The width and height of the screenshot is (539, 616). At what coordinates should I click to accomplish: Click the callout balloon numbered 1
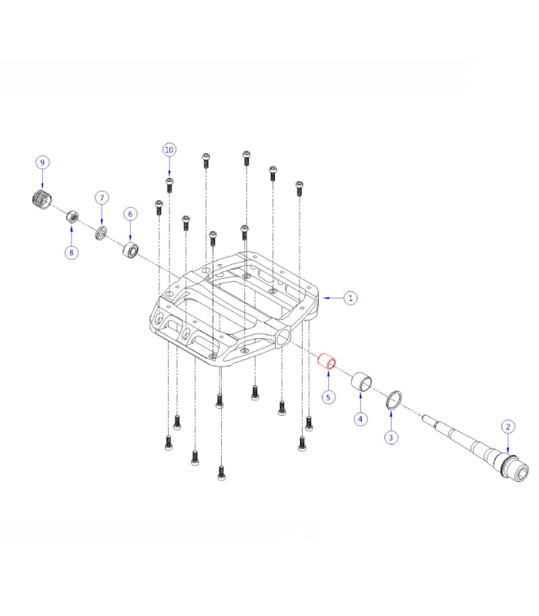(x=350, y=297)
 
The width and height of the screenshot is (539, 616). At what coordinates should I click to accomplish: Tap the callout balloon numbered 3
(x=391, y=437)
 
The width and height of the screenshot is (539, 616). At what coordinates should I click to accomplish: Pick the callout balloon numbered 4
(x=360, y=419)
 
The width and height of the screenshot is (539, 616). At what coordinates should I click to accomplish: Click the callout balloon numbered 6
(x=130, y=213)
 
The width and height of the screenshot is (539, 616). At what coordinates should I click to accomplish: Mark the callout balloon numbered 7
(x=102, y=198)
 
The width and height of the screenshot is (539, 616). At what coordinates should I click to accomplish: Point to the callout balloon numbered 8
(x=71, y=252)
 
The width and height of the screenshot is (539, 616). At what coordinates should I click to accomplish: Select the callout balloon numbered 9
(x=42, y=162)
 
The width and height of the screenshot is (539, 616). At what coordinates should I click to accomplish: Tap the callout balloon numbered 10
(x=169, y=149)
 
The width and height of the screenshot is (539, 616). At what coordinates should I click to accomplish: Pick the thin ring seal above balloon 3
(x=393, y=398)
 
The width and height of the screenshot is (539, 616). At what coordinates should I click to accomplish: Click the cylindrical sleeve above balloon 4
(x=361, y=380)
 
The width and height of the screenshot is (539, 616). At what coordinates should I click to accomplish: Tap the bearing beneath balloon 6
(x=131, y=250)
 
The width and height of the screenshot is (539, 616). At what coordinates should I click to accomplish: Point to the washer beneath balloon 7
(x=101, y=232)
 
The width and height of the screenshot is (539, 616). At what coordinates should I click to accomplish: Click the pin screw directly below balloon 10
(x=169, y=183)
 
